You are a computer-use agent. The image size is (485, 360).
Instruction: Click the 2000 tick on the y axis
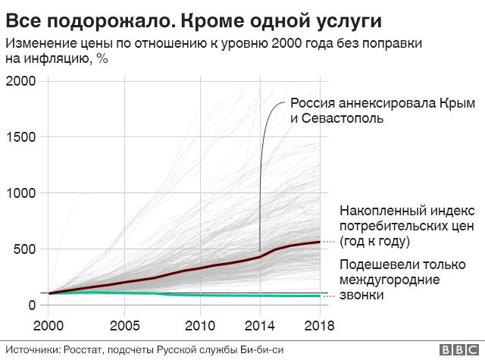click(21, 81)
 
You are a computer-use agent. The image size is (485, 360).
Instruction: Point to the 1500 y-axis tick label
click(21, 137)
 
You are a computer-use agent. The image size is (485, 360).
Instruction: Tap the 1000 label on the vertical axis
click(21, 193)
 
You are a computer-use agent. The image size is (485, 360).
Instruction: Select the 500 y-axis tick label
click(25, 249)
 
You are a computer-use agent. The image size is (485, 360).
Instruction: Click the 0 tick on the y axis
click(32, 305)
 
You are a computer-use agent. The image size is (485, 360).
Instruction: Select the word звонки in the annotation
click(361, 295)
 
